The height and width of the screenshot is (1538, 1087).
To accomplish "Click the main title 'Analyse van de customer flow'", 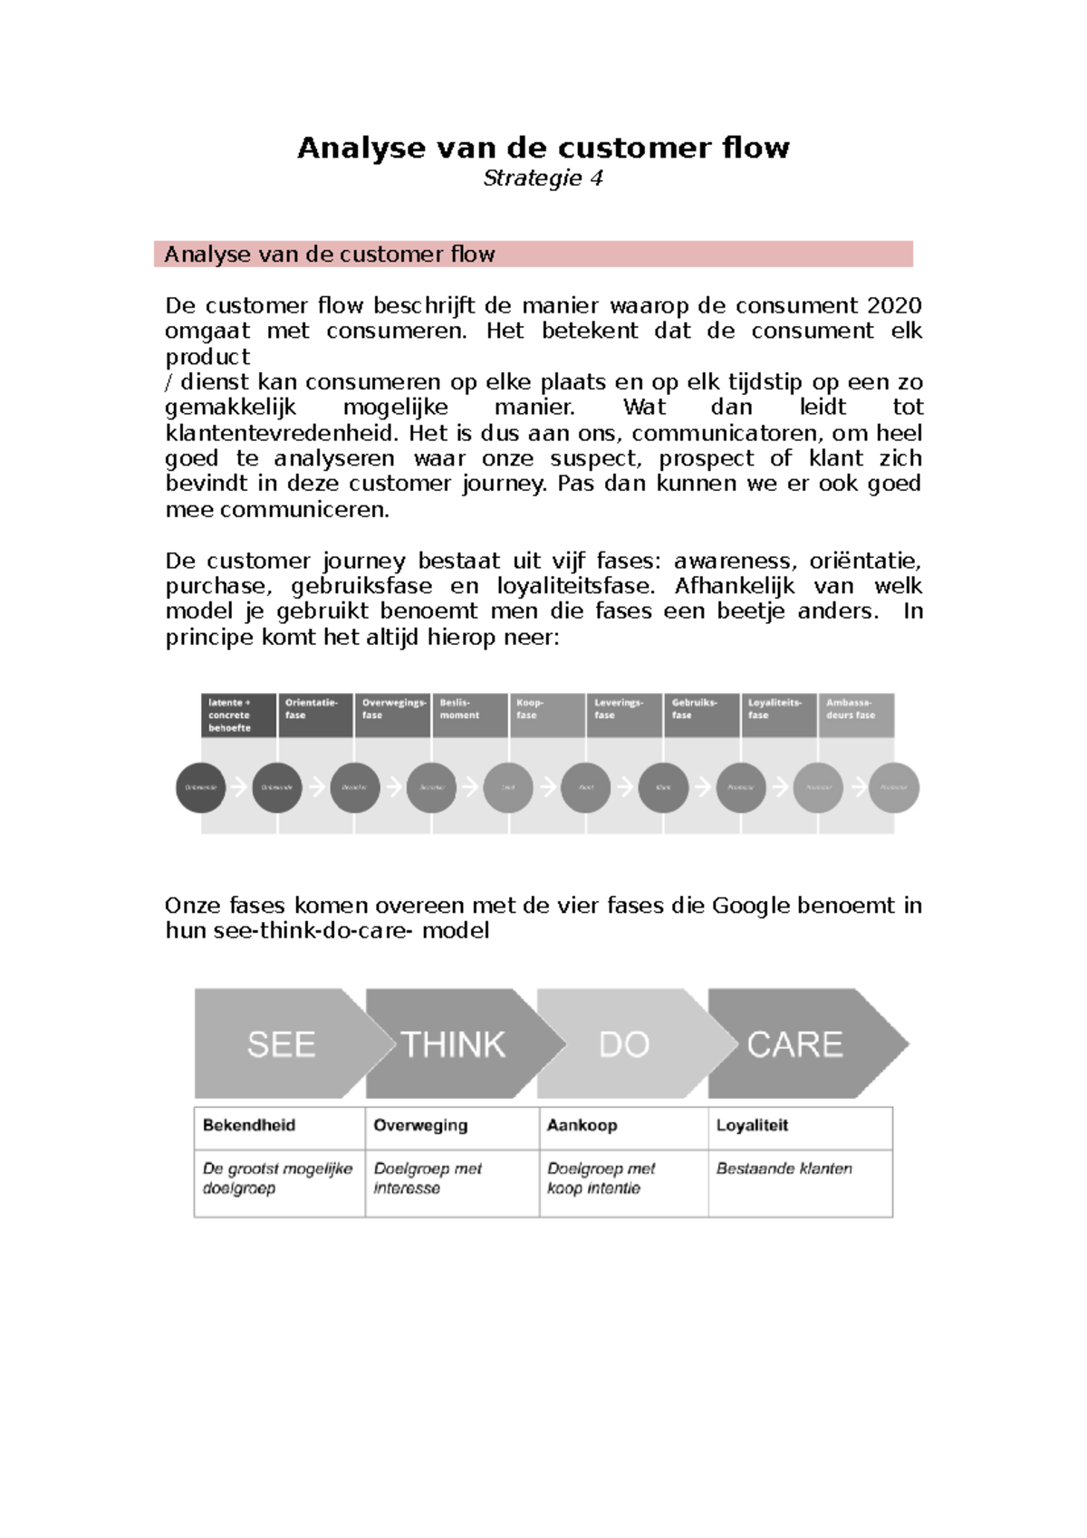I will (x=543, y=148).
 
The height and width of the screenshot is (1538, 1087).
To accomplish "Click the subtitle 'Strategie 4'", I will (x=543, y=178).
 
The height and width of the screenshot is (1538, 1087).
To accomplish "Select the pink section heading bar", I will (x=533, y=255).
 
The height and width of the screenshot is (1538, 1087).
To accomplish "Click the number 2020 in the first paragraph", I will (x=894, y=305).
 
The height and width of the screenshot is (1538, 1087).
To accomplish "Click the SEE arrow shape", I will (x=281, y=1044).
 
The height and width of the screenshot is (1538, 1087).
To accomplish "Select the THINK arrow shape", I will (x=453, y=1044).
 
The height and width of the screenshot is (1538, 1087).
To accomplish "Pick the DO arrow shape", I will (x=624, y=1044).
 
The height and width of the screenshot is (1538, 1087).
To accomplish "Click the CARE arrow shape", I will (x=794, y=1044).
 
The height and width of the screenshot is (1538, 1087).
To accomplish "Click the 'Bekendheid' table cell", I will (x=279, y=1126).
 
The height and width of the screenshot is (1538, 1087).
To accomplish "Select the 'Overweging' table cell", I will (x=451, y=1126).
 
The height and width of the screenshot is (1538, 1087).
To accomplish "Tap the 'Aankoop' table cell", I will (x=623, y=1126).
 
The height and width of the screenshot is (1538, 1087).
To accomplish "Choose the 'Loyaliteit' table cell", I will (x=800, y=1126).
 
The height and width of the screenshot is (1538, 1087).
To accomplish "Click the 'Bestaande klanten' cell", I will (x=800, y=1182).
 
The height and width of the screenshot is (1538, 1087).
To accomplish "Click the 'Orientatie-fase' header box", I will (x=314, y=715).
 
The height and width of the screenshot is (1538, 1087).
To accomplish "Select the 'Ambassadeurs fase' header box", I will (x=855, y=715).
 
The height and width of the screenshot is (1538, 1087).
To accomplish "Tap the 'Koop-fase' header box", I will (x=547, y=715).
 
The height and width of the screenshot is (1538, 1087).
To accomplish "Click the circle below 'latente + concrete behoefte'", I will (x=200, y=787).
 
